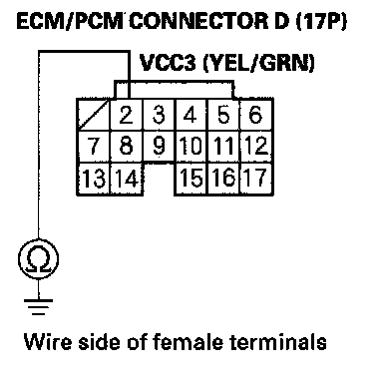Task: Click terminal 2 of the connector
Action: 127,115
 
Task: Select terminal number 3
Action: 159,115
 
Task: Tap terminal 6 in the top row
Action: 256,115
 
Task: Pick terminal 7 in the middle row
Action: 94,147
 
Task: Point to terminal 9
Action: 159,147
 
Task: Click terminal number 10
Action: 191,147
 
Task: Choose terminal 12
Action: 256,147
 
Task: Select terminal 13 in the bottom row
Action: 94,179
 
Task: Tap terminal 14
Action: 127,179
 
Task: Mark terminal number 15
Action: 191,179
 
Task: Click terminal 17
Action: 256,179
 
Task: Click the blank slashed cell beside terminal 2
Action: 94,115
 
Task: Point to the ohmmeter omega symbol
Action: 39,259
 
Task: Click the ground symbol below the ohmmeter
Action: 39,307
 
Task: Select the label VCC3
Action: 168,63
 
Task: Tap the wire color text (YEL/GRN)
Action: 258,63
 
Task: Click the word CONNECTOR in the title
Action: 198,21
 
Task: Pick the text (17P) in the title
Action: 321,22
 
